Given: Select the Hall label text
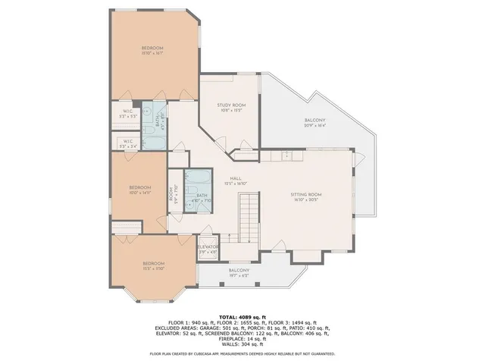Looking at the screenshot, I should (236, 180).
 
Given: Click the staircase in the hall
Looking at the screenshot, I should (249, 216).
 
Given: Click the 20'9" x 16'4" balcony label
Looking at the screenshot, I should (314, 123).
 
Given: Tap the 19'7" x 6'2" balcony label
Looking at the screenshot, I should (239, 273).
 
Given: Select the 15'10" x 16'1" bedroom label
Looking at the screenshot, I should (152, 51).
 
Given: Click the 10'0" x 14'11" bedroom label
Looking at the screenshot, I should (139, 190).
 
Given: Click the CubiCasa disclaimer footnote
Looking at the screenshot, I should (242, 353).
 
